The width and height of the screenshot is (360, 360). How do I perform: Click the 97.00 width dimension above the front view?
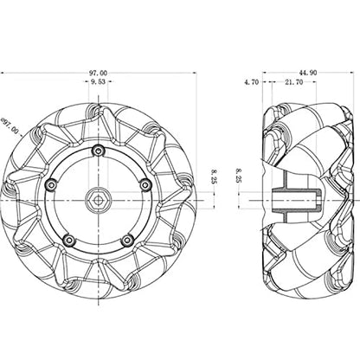click(98, 74)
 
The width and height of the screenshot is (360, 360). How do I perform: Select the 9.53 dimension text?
click(98, 82)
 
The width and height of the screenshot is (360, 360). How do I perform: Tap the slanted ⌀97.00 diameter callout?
click(10, 126)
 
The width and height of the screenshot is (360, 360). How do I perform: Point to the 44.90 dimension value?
click(308, 73)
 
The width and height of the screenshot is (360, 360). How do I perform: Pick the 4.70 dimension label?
click(252, 82)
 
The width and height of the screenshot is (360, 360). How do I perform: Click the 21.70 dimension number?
click(294, 82)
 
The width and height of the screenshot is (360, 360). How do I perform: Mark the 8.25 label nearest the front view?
click(215, 177)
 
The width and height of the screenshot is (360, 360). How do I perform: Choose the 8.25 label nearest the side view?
click(239, 176)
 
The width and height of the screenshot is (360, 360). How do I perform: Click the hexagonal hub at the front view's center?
click(98, 200)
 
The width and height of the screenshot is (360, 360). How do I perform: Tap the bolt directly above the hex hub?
click(98, 151)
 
